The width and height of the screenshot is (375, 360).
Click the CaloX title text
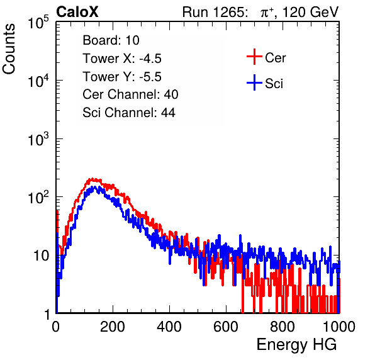[x=77, y=12]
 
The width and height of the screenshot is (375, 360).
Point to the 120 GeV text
[x=310, y=12]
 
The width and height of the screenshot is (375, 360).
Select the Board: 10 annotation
[x=111, y=40]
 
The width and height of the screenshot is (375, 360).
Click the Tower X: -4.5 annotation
[x=122, y=59]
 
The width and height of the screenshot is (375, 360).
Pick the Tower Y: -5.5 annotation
[x=122, y=77]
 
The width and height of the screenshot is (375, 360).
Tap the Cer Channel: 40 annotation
[x=130, y=94]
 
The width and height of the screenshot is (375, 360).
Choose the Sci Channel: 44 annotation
[x=129, y=112]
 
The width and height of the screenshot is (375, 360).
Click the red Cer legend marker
[x=254, y=57]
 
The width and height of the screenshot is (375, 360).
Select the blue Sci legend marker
[x=254, y=82]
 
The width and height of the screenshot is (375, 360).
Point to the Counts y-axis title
[x=9, y=49]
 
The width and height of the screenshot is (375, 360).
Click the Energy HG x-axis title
[x=296, y=345]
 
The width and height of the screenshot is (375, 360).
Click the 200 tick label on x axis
[x=113, y=327]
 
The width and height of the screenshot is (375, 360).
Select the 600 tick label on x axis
[x=226, y=327]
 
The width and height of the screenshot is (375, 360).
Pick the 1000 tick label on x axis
[x=339, y=327]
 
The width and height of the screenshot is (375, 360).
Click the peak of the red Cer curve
[x=91, y=179]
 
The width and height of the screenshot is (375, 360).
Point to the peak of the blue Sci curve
[x=95, y=187]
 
